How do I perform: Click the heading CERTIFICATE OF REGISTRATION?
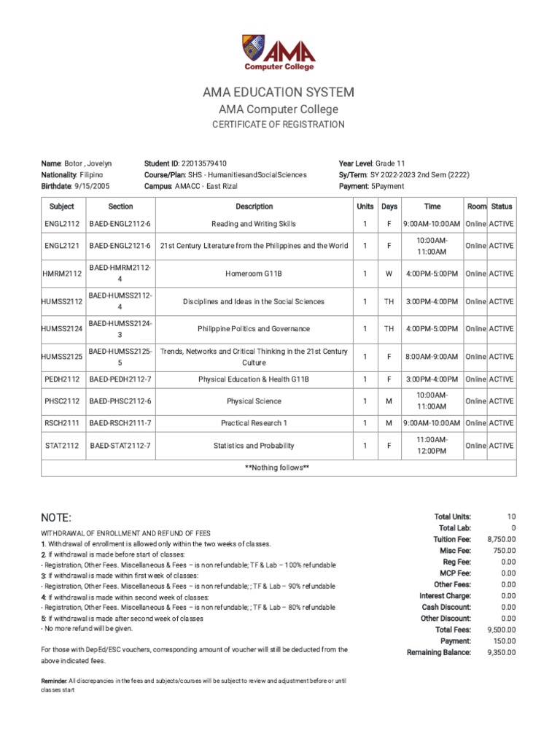(279, 125)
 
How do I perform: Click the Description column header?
(254, 206)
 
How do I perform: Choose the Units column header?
(365, 206)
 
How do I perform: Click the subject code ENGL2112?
(62, 224)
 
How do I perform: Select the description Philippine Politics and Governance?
(254, 329)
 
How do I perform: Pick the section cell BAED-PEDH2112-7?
(120, 379)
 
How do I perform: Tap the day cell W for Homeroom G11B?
(389, 274)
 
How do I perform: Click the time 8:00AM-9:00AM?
(433, 357)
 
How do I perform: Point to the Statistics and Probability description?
(254, 446)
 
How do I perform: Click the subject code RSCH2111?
(62, 423)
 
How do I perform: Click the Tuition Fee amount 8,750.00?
(502, 539)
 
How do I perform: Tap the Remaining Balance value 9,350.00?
(502, 652)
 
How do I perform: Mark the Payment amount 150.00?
(504, 641)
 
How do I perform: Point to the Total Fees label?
(453, 630)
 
